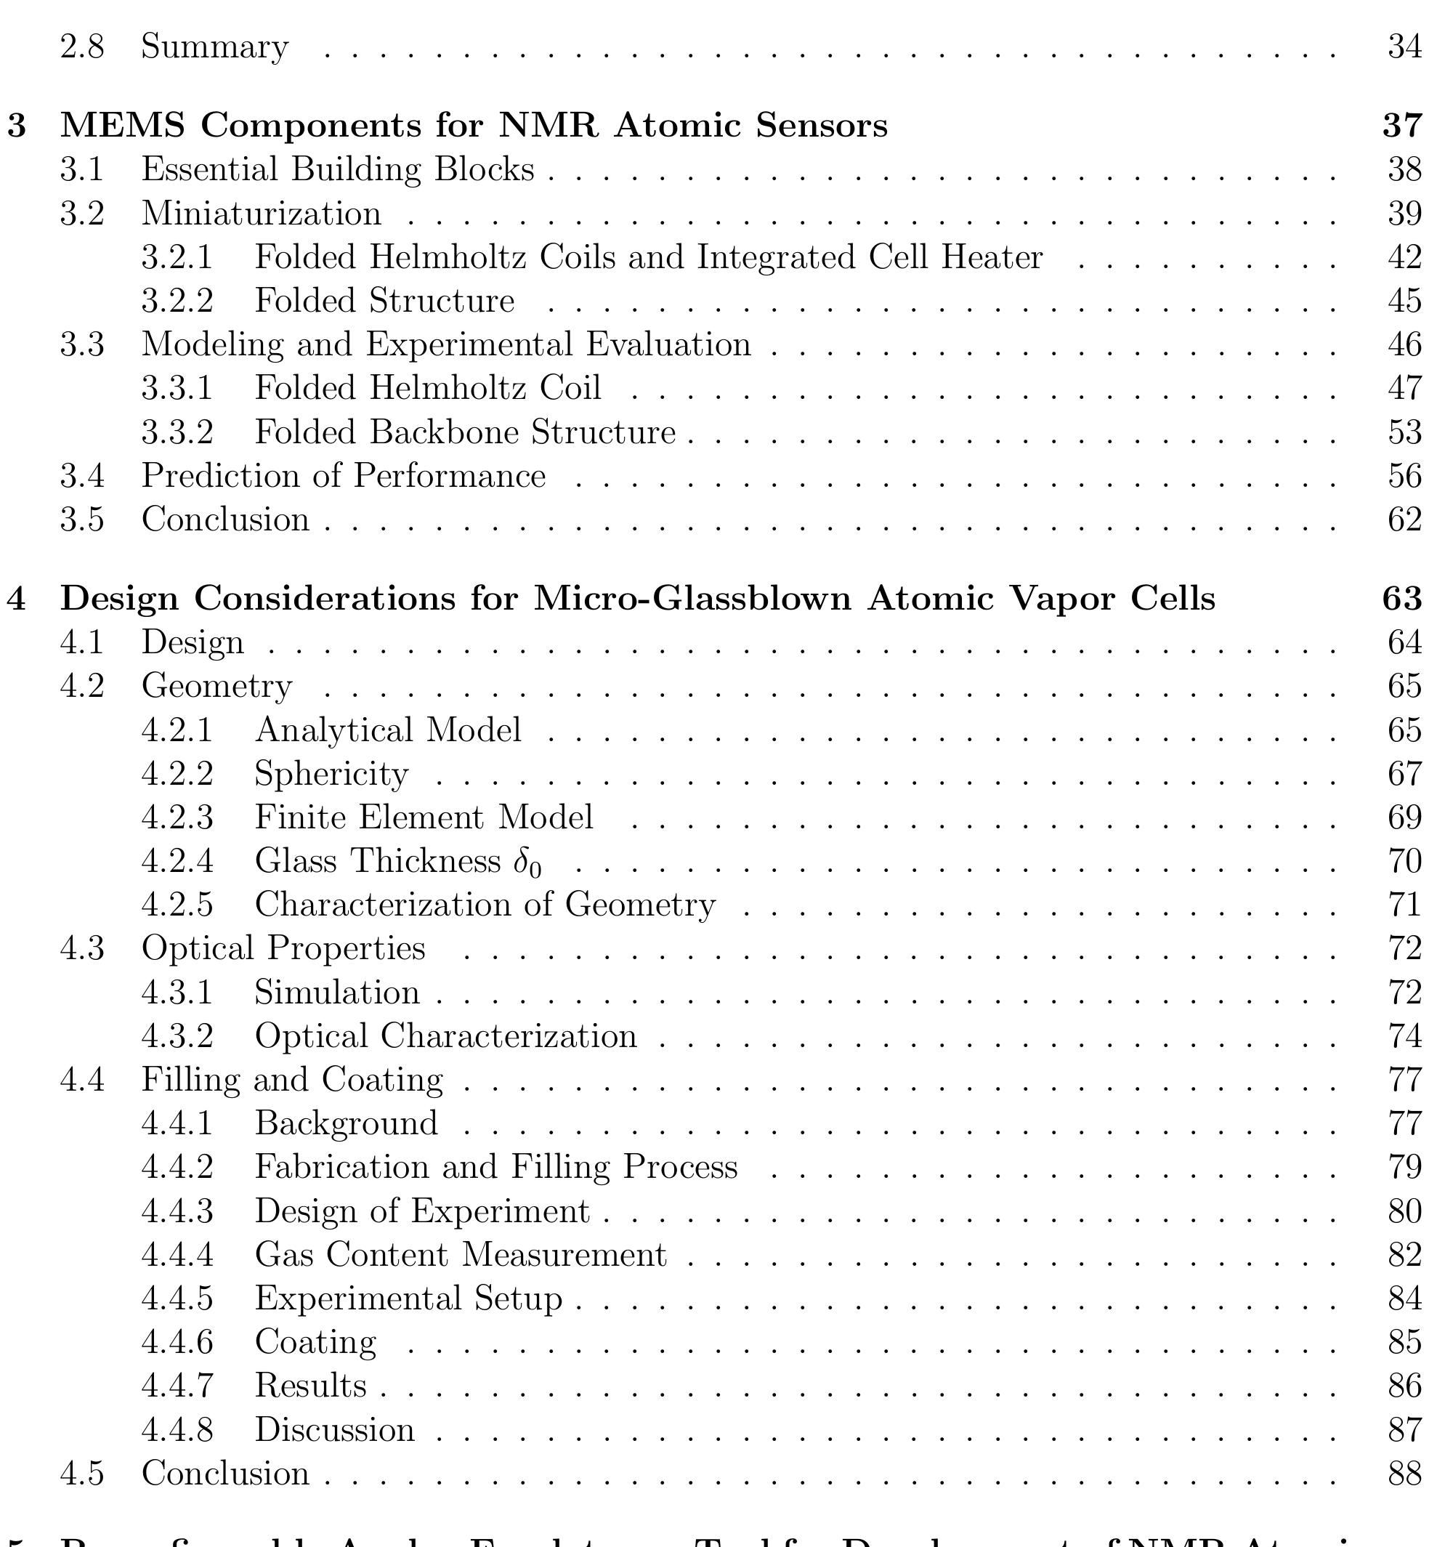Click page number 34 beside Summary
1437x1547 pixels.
tap(1404, 47)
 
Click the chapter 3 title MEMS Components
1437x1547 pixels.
tap(474, 125)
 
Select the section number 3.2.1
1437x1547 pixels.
tap(177, 257)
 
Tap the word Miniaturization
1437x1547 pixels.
tap(262, 213)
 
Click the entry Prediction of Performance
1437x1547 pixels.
tap(343, 476)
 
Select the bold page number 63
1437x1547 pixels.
tap(1402, 598)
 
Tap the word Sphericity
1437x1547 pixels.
tap(331, 774)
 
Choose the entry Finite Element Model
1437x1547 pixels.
tap(424, 817)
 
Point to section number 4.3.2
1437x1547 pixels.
tap(177, 1036)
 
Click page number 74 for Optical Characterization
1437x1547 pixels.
tap(1404, 1036)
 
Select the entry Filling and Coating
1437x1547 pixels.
tap(291, 1080)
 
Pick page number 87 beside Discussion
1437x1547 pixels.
tap(1404, 1429)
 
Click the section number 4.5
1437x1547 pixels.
tap(82, 1473)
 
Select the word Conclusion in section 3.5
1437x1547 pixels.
tap(225, 520)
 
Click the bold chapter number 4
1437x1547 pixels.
tap(17, 598)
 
